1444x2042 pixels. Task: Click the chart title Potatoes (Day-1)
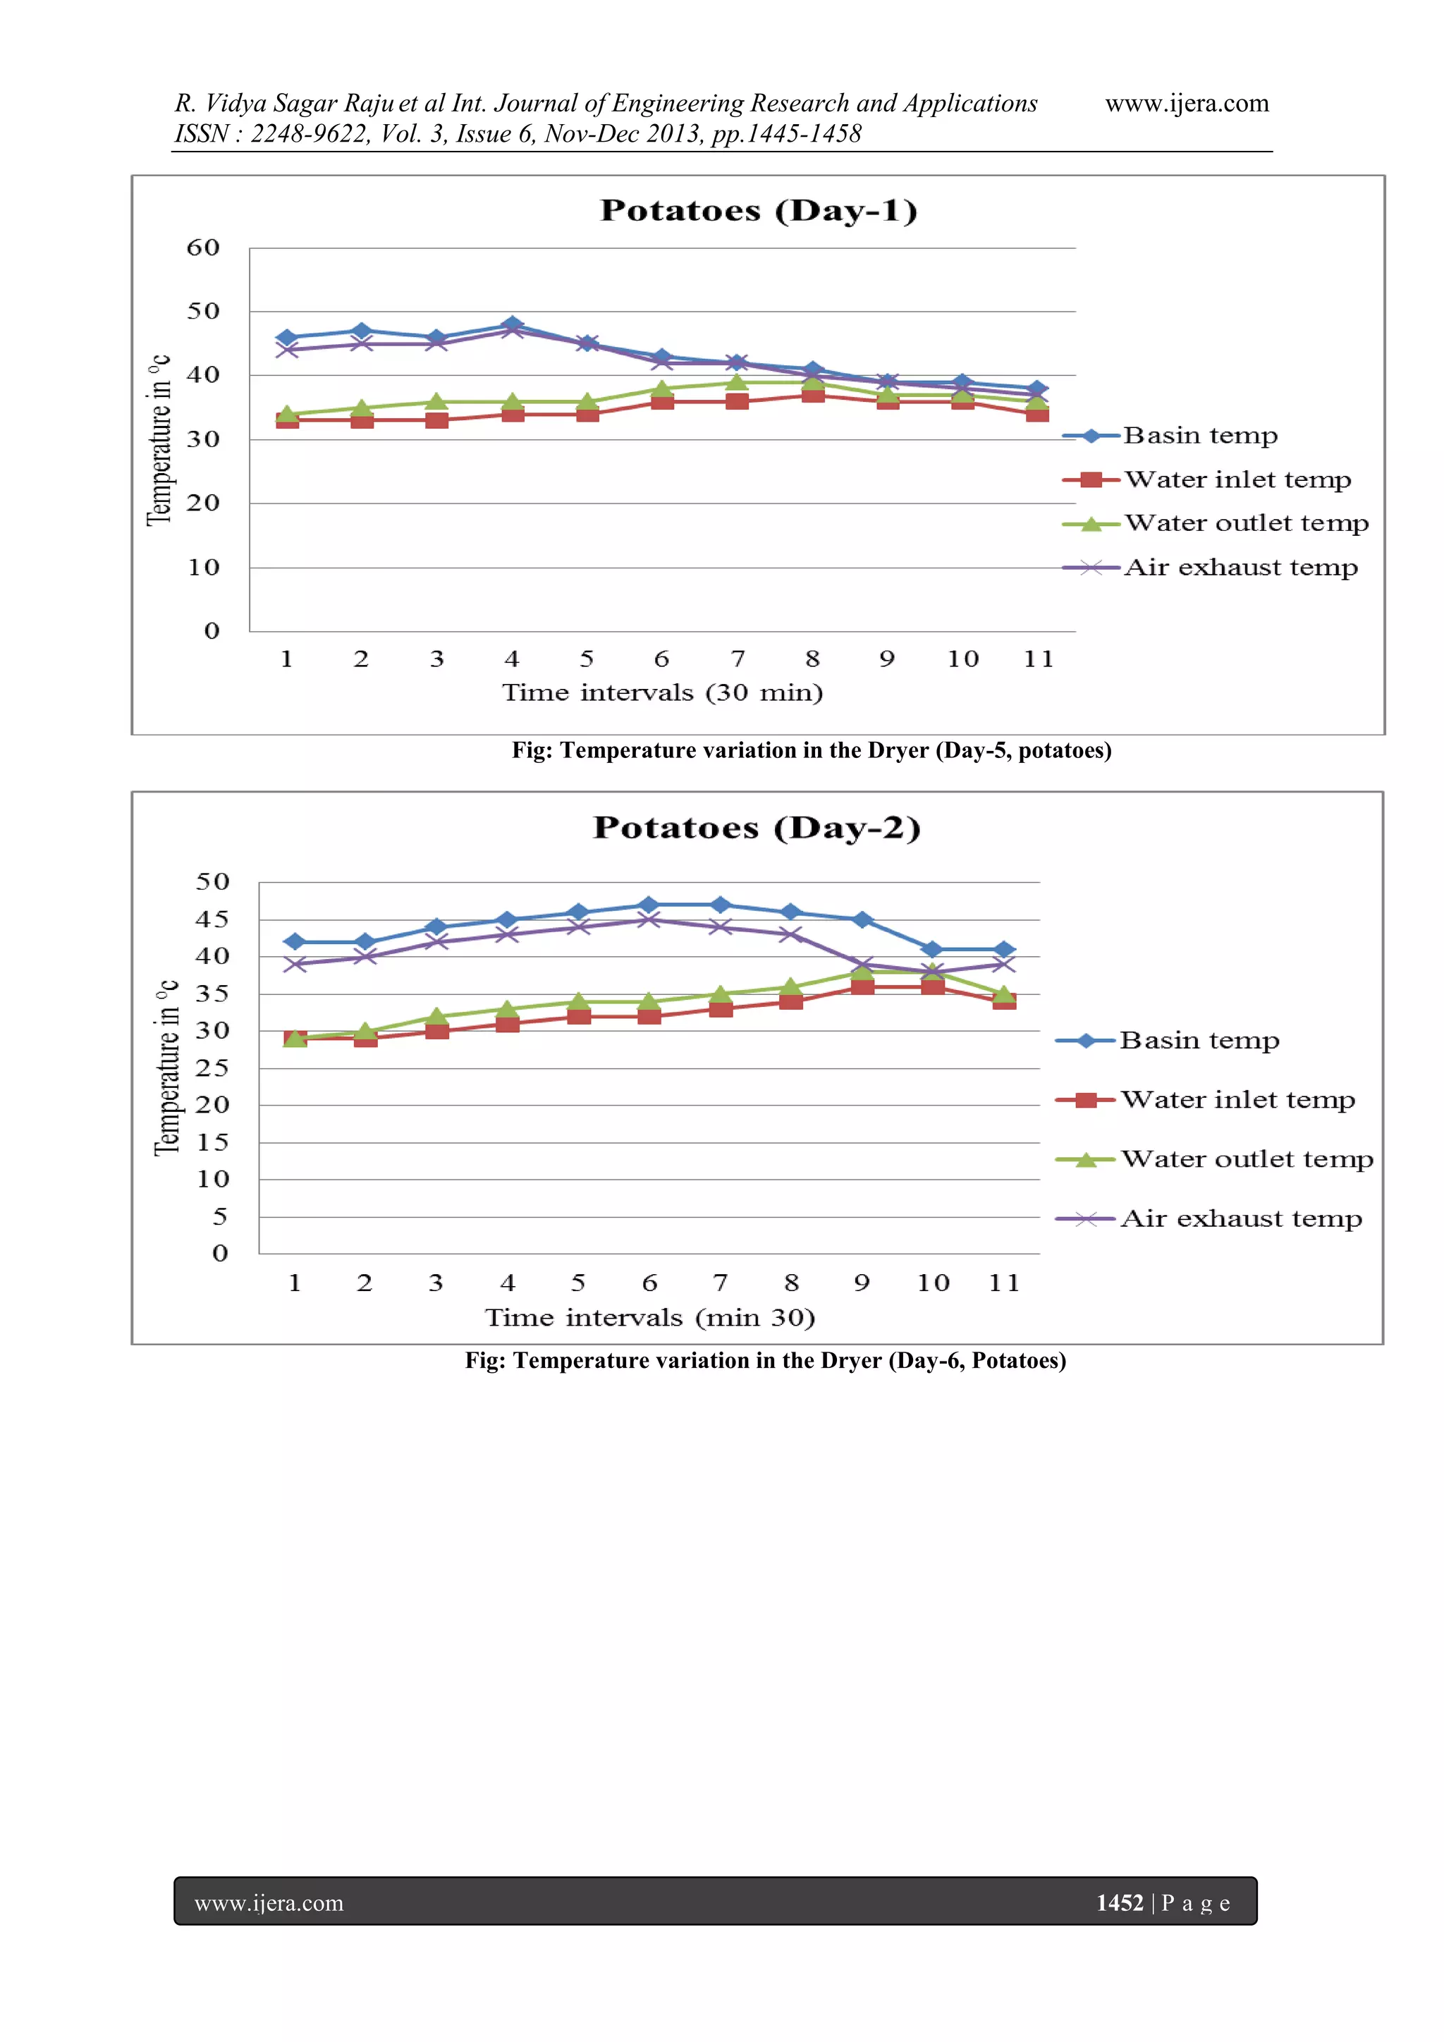(759, 211)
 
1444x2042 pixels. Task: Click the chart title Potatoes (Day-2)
(757, 827)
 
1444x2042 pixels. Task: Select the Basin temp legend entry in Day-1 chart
(1199, 436)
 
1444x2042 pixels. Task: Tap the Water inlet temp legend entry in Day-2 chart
(1237, 1100)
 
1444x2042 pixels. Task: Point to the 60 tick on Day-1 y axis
(203, 247)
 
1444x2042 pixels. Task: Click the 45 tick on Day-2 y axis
(212, 919)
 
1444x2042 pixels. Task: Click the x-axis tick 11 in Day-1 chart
(1038, 659)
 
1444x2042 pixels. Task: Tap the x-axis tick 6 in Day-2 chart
(649, 1283)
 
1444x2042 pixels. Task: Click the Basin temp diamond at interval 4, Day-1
(512, 324)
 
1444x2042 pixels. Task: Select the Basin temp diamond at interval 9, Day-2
(862, 919)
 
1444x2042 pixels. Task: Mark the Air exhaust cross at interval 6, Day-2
(649, 919)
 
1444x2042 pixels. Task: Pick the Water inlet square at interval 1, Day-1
(287, 420)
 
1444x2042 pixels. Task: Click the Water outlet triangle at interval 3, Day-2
(436, 1015)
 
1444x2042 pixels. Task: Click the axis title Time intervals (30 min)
(663, 693)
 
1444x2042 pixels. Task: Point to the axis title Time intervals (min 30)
(650, 1317)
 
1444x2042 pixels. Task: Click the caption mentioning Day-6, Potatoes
(765, 1360)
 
